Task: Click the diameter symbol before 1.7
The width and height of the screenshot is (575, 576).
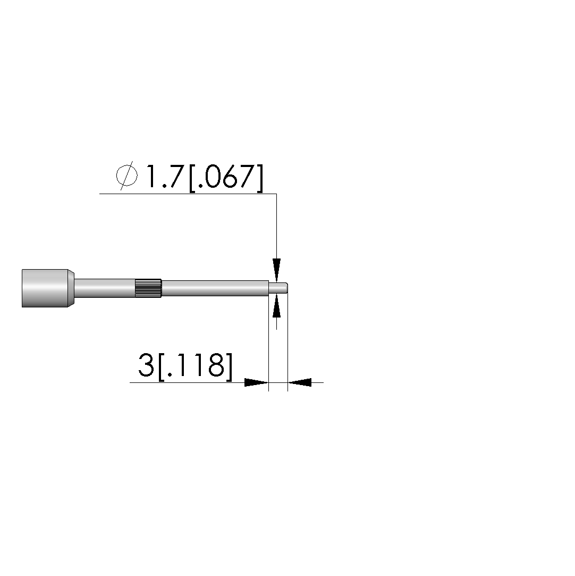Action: (x=127, y=176)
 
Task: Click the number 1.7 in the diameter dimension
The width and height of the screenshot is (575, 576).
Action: (x=164, y=176)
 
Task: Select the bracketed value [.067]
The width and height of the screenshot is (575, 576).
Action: (x=226, y=178)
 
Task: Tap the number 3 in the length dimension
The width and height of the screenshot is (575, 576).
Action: (x=146, y=365)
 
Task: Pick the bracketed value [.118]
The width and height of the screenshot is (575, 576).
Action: (x=195, y=367)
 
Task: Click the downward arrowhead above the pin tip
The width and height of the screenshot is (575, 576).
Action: (x=277, y=270)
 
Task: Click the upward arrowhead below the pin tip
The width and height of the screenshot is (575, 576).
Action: (x=277, y=306)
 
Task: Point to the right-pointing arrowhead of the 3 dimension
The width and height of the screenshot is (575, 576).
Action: (x=257, y=382)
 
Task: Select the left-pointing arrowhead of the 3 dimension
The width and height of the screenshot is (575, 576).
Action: (x=299, y=382)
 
